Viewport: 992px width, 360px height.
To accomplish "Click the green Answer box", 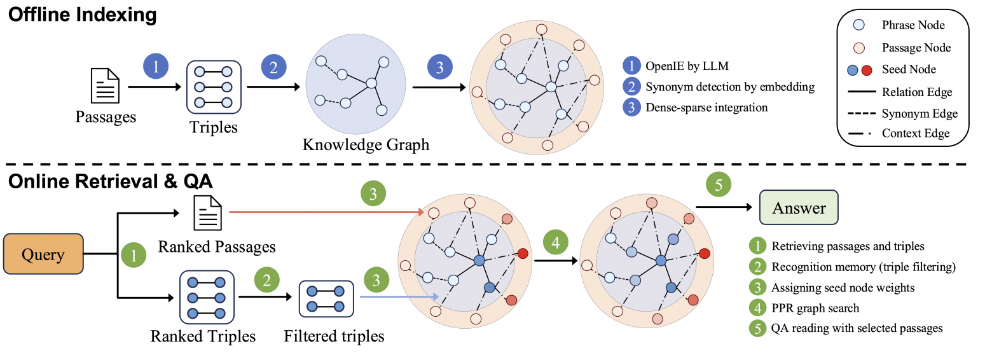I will (799, 208).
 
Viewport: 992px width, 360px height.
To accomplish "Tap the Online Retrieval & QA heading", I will (110, 181).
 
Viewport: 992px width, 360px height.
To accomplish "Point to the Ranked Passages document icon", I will (208, 212).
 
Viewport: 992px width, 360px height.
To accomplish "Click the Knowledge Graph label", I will (366, 144).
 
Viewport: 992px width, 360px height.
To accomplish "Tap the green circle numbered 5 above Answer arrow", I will (719, 185).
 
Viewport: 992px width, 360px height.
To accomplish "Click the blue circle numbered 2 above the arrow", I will (273, 67).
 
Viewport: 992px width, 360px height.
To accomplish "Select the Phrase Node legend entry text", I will (913, 25).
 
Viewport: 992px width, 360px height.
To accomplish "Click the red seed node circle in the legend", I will (867, 69).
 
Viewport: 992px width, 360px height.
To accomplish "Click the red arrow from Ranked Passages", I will (324, 211).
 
